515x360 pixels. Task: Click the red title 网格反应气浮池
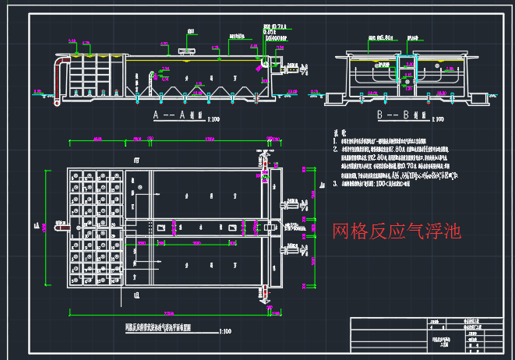(x=397, y=231)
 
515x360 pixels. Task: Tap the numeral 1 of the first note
(x=325, y=140)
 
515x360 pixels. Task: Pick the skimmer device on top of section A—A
(x=185, y=52)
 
